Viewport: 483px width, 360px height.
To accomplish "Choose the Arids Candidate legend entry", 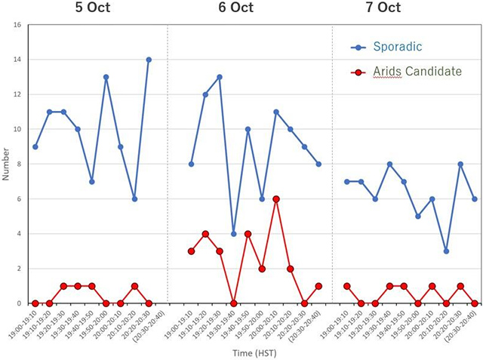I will coord(416,72).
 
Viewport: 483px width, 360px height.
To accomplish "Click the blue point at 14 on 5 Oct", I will coord(149,60).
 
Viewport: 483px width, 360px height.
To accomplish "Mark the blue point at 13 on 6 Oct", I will coord(220,77).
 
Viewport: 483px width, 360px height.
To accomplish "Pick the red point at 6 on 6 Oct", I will coord(276,199).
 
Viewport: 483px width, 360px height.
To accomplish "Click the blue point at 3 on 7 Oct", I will coord(446,251).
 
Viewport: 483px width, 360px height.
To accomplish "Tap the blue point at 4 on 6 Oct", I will coord(234,234).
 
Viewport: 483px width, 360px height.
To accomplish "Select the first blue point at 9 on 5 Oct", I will coord(35,146).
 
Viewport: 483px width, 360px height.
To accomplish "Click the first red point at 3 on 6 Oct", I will coord(191,251).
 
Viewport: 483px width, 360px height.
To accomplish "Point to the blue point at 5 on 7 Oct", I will coord(418,217).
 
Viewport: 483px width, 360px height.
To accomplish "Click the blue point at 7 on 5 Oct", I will coord(92,181).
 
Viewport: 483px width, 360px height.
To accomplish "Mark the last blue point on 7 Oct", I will coord(475,199).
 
